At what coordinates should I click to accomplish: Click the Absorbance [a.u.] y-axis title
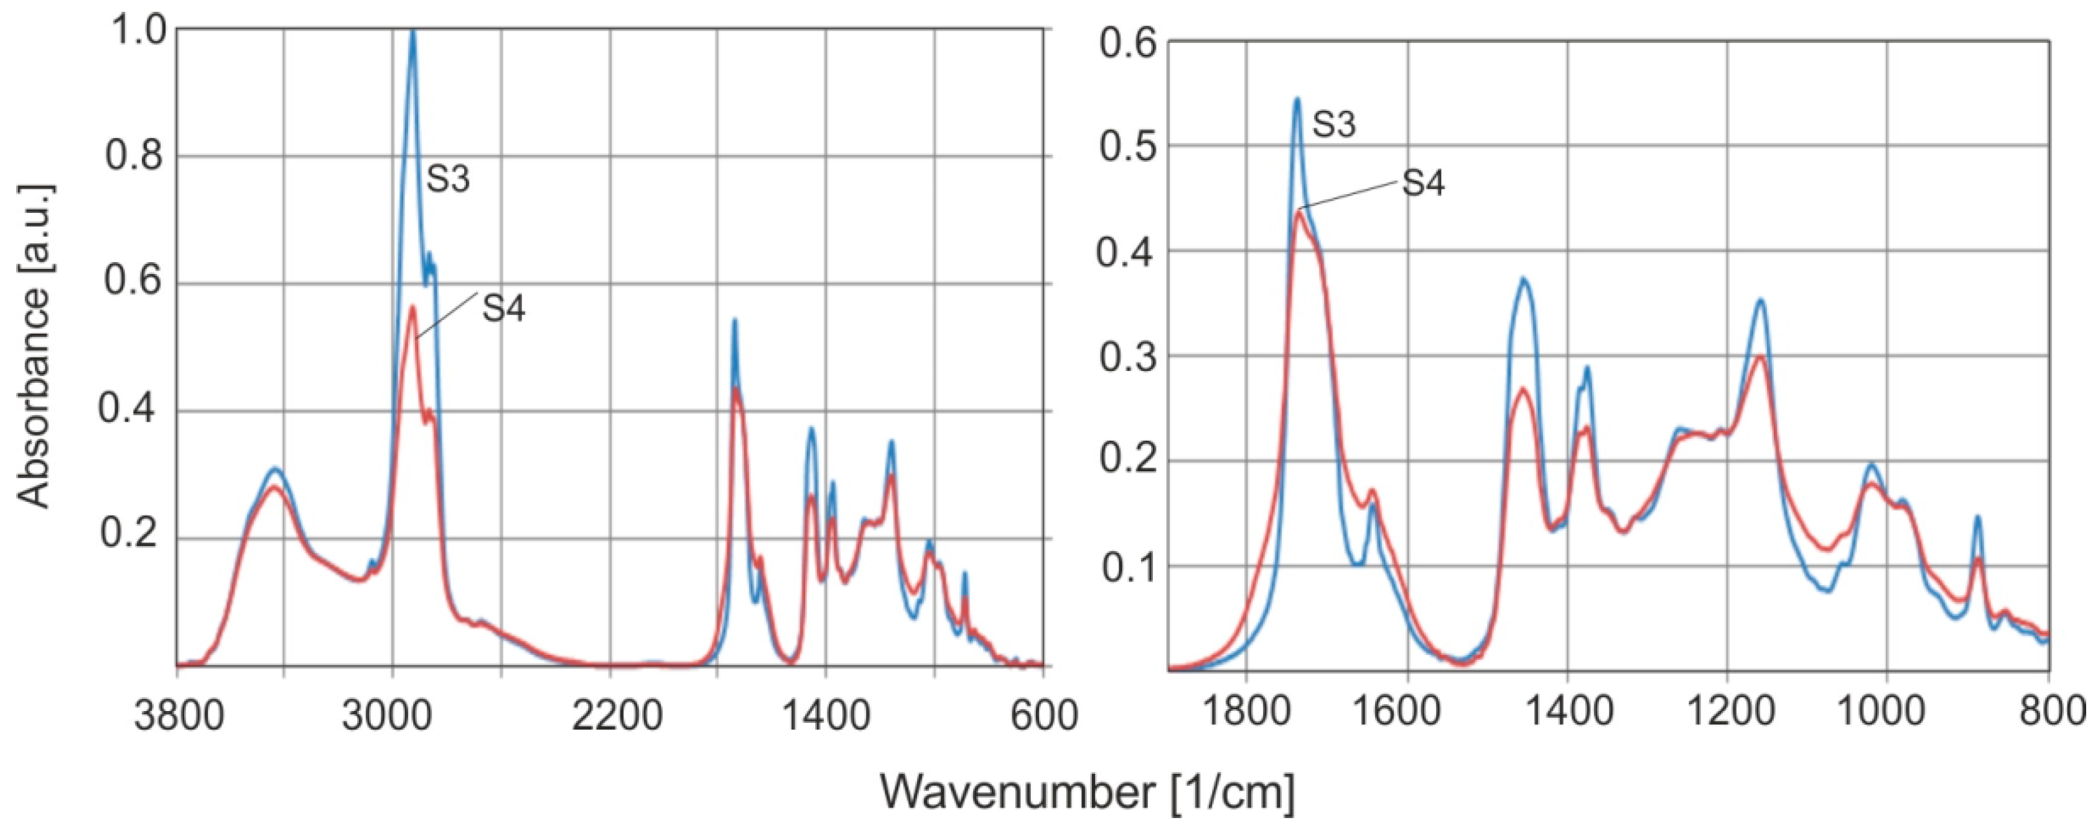[x=34, y=346]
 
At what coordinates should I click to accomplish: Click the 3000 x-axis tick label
[x=393, y=718]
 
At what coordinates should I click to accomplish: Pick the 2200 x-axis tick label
[x=611, y=718]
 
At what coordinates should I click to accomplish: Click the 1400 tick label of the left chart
[x=826, y=718]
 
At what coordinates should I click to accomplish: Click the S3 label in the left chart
[x=449, y=179]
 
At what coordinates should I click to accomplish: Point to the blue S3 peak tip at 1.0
[x=413, y=32]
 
